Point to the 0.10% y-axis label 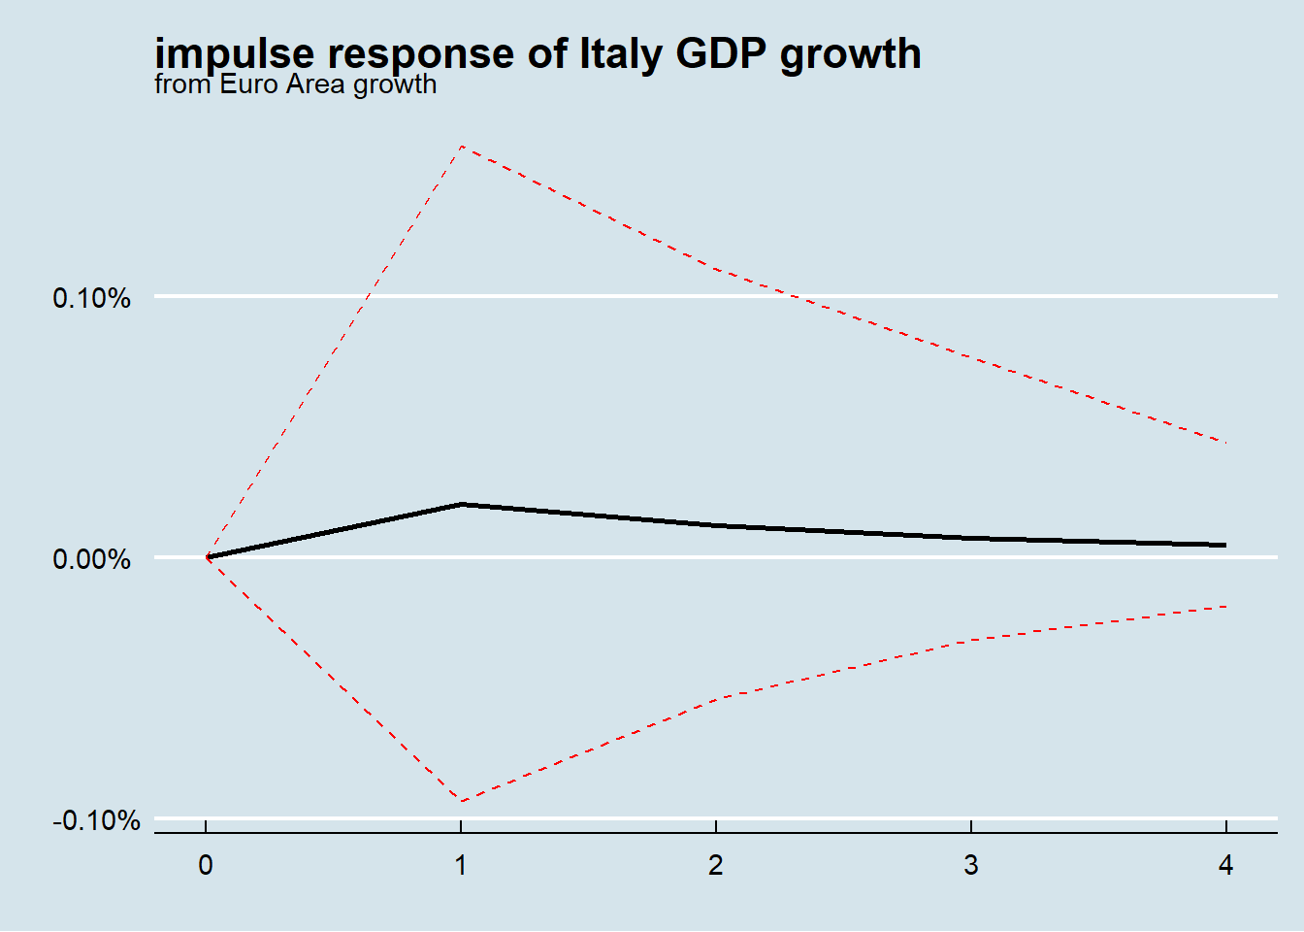(91, 298)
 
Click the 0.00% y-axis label (91, 559)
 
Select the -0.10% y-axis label (96, 821)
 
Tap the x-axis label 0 (206, 865)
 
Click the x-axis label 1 (461, 865)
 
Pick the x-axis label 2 (716, 865)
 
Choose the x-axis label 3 (971, 865)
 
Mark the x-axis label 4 (1226, 865)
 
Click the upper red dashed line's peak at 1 (462, 146)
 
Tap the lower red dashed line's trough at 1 (462, 801)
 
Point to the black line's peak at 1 (462, 504)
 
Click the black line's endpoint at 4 (1225, 546)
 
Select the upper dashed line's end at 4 (1226, 443)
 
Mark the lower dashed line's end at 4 (1226, 607)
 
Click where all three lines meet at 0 (207, 557)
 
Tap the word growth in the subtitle (394, 84)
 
